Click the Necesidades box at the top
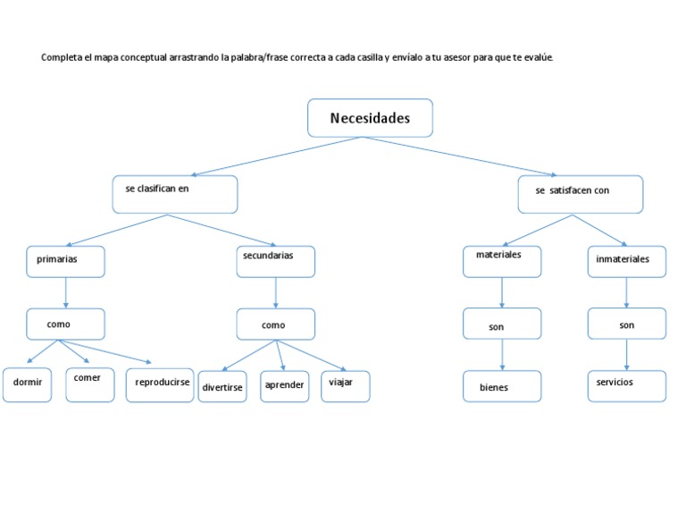point(370,118)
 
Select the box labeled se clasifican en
point(175,194)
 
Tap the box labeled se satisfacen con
point(580,194)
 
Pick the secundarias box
point(275,261)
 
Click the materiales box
point(502,261)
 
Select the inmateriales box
point(626,261)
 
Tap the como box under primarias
point(65,324)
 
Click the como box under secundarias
point(275,324)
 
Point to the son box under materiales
point(502,324)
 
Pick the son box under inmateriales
point(626,324)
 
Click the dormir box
point(27,384)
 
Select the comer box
point(90,384)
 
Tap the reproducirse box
point(160,384)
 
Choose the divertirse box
point(222,386)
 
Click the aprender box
point(285,386)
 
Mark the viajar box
point(346,386)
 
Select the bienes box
point(502,386)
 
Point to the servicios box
point(626,386)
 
